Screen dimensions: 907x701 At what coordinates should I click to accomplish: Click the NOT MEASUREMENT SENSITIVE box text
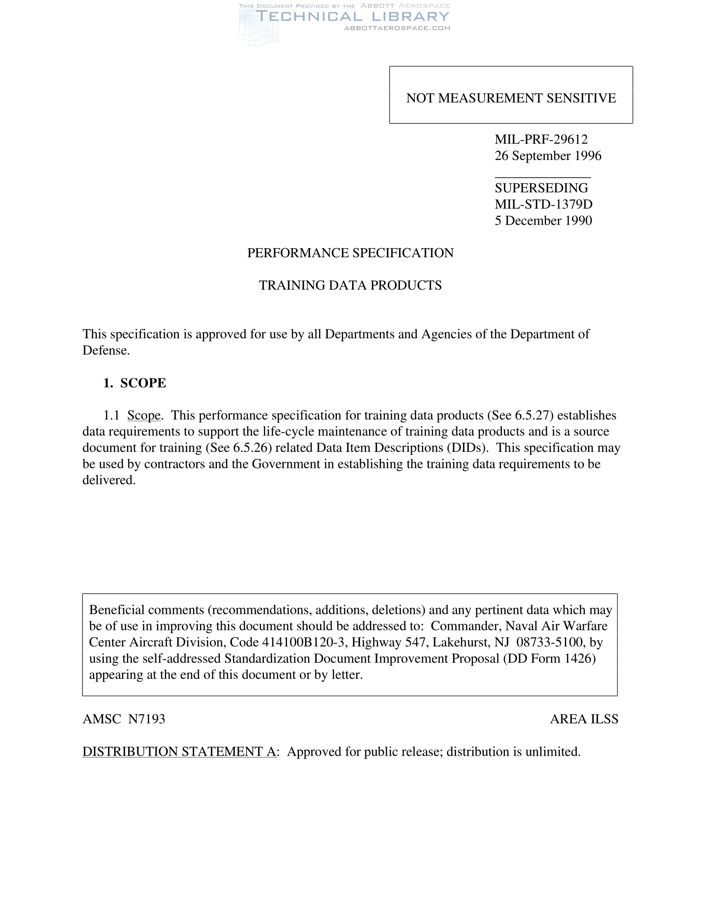[x=511, y=98]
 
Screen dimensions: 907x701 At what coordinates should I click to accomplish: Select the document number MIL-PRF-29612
[x=541, y=139]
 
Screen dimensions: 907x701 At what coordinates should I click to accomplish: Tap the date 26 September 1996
[x=548, y=156]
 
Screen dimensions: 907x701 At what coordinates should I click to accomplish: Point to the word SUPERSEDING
[x=541, y=188]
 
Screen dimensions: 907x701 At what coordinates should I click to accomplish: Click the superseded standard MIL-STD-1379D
[x=543, y=204]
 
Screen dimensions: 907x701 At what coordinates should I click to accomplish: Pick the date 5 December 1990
[x=543, y=221]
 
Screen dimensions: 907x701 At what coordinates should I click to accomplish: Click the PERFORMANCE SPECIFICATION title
[x=350, y=253]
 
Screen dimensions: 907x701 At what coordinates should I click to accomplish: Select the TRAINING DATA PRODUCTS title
[x=350, y=285]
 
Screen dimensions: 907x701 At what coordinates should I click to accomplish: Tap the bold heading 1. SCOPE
[x=134, y=383]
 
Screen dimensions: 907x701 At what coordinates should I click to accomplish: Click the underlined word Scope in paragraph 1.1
[x=143, y=415]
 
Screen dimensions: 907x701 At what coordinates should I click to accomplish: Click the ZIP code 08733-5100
[x=549, y=642]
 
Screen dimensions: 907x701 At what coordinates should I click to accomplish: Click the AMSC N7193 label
[x=124, y=719]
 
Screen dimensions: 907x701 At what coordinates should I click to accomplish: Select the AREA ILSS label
[x=584, y=719]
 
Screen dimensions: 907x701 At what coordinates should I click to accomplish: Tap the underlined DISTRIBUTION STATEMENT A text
[x=179, y=752]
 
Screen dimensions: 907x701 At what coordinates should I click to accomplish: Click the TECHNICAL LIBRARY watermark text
[x=352, y=16]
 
